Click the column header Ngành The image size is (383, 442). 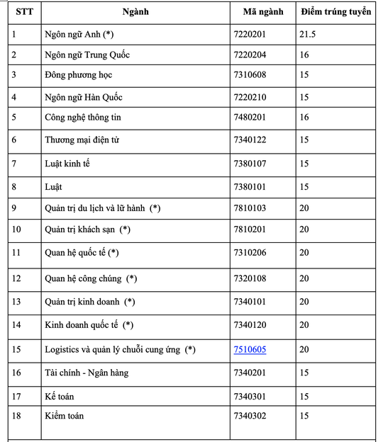coord(135,13)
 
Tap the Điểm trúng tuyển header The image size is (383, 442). coord(335,13)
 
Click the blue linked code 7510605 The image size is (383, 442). coord(250,349)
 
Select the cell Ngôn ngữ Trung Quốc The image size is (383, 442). coord(87,55)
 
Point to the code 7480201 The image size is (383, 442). coord(250,118)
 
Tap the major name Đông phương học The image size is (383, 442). coord(78,75)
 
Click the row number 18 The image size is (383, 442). coord(17,415)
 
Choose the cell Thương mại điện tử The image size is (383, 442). coord(82,140)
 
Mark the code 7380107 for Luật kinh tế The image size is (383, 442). coord(250,164)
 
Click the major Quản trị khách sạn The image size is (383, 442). coord(88,229)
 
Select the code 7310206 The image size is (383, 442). coord(250,252)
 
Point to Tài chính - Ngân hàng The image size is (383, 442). coord(87,373)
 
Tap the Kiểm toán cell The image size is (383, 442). coord(64,415)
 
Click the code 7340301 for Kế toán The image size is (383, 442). coord(250,395)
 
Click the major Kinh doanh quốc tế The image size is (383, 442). coord(89,325)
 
